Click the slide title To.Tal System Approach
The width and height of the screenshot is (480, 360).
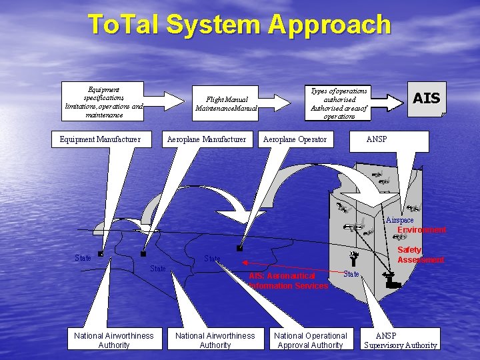pos(239,25)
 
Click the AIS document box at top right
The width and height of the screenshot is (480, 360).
pos(427,99)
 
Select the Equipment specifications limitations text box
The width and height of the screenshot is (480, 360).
pos(104,101)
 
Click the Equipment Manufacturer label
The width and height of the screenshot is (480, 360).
pos(100,139)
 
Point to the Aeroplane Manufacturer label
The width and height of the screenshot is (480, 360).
pos(207,139)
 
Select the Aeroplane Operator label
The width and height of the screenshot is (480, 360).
pos(295,139)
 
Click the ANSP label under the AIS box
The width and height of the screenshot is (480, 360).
pos(377,139)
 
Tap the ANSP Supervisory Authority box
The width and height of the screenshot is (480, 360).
pos(401,340)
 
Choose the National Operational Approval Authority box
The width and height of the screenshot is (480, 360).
pos(311,340)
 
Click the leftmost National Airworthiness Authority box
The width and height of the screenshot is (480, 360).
pos(114,340)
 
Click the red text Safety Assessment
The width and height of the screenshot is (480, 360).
pos(421,255)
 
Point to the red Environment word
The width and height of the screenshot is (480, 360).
pos(421,230)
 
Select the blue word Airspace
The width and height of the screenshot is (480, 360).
pos(399,220)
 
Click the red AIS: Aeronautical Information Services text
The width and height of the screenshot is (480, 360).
pos(289,281)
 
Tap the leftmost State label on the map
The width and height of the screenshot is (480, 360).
pos(83,258)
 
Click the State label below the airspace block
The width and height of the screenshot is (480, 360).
pos(351,274)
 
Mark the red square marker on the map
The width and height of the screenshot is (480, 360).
pos(239,248)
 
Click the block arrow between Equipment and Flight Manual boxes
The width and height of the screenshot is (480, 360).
pos(163,102)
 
